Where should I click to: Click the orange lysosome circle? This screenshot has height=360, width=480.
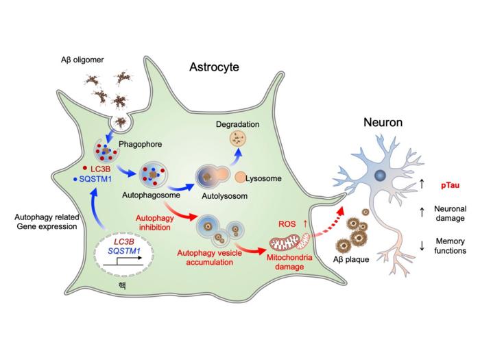[241, 178]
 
